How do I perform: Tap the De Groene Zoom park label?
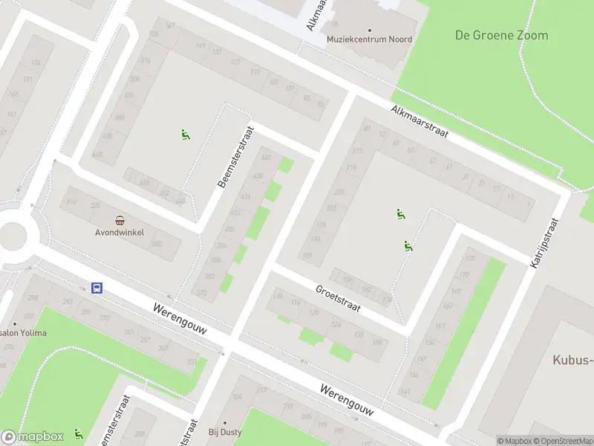[x=501, y=35]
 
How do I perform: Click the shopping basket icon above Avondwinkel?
[x=120, y=219]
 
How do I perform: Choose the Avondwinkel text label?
[x=120, y=230]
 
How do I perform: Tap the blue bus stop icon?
[x=97, y=288]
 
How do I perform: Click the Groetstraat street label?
[x=338, y=299]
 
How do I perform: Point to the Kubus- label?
[x=572, y=361]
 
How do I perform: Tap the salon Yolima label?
[x=24, y=332]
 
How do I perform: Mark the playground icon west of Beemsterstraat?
[x=185, y=135]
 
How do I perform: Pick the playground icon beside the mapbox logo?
[x=78, y=433]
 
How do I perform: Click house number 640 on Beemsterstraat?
[x=267, y=158]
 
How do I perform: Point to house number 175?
[x=469, y=259]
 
